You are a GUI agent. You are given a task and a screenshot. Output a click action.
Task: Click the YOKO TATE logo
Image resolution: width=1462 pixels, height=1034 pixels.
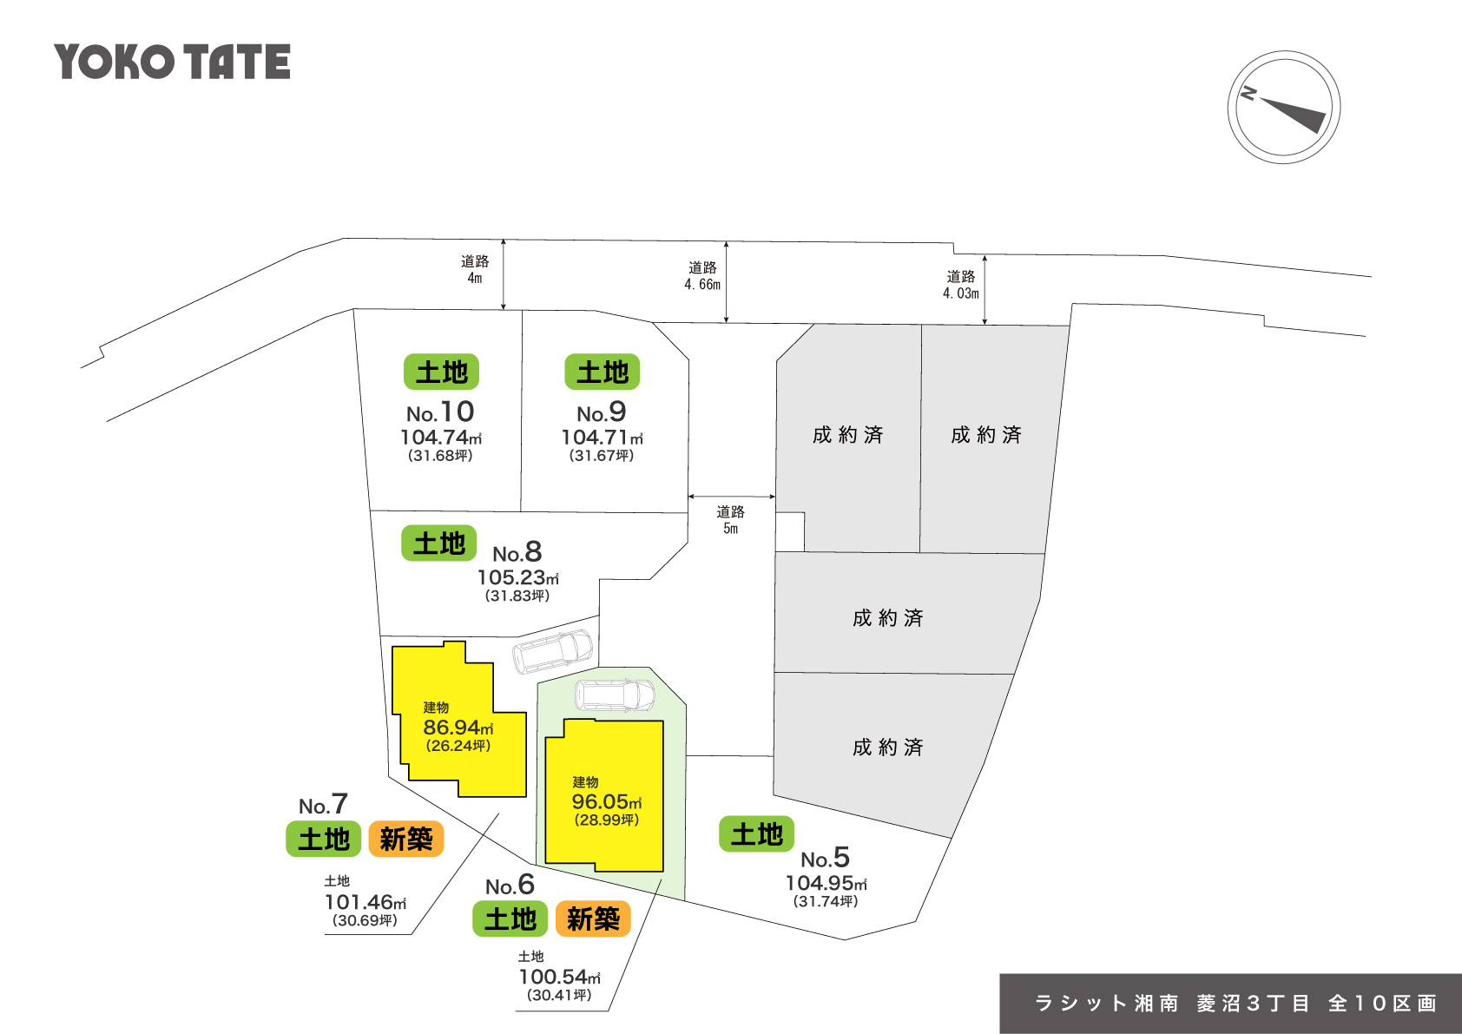pyautogui.click(x=172, y=62)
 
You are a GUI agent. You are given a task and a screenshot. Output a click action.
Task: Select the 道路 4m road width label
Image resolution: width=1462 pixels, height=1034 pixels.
pyautogui.click(x=475, y=269)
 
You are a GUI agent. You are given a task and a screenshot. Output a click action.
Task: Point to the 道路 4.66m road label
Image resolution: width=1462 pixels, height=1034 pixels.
pyautogui.click(x=702, y=276)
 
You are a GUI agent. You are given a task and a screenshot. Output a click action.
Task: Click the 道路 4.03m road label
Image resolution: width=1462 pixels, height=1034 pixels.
pyautogui.click(x=961, y=285)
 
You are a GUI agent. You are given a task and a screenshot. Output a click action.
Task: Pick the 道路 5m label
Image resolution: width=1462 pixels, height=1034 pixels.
pyautogui.click(x=731, y=520)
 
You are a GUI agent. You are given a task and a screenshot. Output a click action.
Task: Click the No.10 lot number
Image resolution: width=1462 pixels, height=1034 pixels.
pyautogui.click(x=440, y=412)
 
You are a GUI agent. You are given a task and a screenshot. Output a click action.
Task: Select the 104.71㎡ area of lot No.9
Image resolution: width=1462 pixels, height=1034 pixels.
pyautogui.click(x=602, y=438)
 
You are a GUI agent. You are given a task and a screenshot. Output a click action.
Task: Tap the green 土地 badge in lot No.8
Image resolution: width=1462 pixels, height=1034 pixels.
pyautogui.click(x=438, y=543)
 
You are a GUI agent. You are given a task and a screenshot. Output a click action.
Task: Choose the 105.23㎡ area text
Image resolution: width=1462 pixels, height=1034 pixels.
pyautogui.click(x=517, y=577)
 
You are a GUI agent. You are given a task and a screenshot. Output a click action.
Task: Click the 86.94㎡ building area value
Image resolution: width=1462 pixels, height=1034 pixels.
pyautogui.click(x=458, y=728)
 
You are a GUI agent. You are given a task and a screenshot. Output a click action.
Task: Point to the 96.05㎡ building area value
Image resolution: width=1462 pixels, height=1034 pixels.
pyautogui.click(x=606, y=802)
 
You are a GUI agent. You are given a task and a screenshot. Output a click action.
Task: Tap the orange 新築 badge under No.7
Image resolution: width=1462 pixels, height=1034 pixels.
pyautogui.click(x=406, y=839)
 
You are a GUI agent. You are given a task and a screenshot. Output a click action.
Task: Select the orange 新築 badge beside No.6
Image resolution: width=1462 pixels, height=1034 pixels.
pyautogui.click(x=593, y=919)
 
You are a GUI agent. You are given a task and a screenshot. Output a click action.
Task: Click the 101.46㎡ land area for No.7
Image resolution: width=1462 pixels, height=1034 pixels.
pyautogui.click(x=365, y=902)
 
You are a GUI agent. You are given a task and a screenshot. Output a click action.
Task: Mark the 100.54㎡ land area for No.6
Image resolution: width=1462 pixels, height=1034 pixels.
pyautogui.click(x=559, y=977)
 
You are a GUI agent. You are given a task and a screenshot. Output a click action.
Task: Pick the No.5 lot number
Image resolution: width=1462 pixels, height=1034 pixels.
pyautogui.click(x=825, y=859)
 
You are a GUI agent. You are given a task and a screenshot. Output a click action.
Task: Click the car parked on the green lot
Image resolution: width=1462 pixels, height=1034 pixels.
pyautogui.click(x=615, y=695)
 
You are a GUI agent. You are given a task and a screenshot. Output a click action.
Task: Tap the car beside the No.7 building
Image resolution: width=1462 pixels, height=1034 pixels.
pyautogui.click(x=553, y=650)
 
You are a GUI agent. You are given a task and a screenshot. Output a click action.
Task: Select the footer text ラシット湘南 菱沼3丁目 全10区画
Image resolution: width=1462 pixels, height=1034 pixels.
pyautogui.click(x=1235, y=1004)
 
